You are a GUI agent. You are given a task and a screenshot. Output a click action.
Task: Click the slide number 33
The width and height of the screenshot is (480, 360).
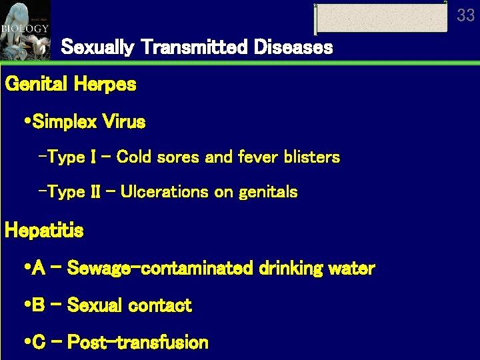pos(466,14)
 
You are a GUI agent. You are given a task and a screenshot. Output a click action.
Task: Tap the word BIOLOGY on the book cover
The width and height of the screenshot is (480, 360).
pos(25,29)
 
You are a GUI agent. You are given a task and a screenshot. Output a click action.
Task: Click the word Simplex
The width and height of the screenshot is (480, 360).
pos(65,122)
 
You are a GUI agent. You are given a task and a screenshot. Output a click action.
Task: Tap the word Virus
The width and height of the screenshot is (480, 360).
pos(123,122)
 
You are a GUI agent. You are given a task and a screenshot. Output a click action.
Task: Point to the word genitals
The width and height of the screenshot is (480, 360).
pos(267,193)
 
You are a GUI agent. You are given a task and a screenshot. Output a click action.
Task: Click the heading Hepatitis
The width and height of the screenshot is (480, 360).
pos(44,231)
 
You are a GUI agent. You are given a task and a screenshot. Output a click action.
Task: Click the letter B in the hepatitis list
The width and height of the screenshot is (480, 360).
pos(38,305)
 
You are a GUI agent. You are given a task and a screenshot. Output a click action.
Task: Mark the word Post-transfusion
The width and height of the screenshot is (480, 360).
pos(138,343)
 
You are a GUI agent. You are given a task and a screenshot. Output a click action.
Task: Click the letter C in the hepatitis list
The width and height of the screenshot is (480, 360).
pos(38,343)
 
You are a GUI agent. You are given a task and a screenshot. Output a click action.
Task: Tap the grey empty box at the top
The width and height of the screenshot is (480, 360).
pos(381,18)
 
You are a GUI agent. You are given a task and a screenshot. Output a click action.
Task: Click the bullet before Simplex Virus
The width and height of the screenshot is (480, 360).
pos(25,122)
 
